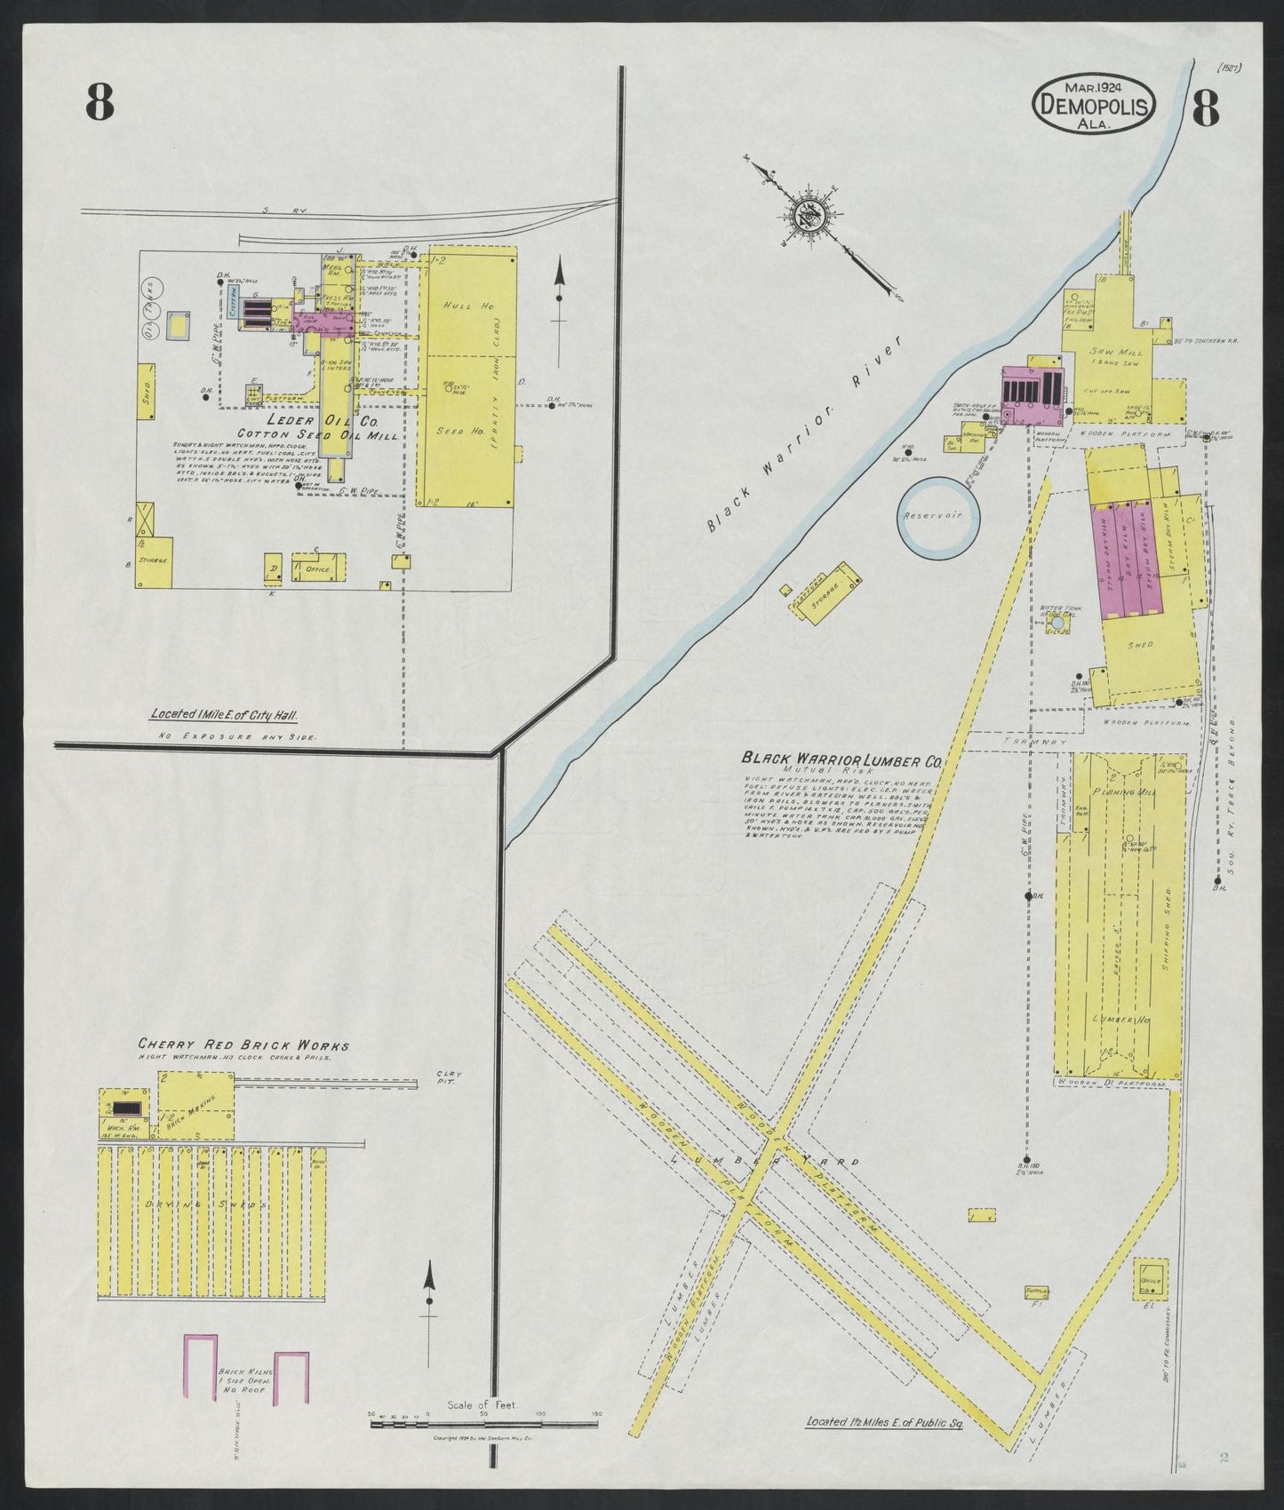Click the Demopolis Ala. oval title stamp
pyautogui.click(x=1094, y=104)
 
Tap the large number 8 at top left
pyautogui.click(x=100, y=103)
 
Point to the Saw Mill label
pyautogui.click(x=1109, y=352)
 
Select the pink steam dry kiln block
pyautogui.click(x=1126, y=560)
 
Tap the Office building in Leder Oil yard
pyautogui.click(x=317, y=568)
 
